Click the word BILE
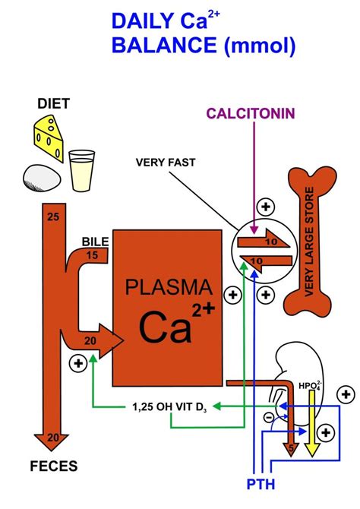pyautogui.click(x=96, y=242)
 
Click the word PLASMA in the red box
pyautogui.click(x=168, y=288)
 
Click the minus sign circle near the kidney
pyautogui.click(x=267, y=417)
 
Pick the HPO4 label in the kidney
pyautogui.click(x=311, y=385)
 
